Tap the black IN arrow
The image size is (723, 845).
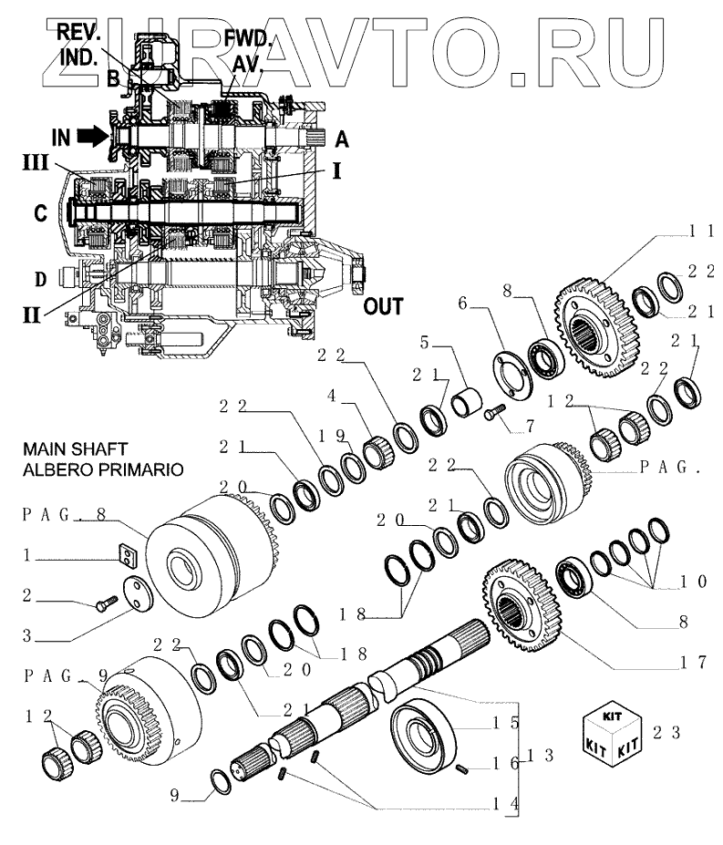(x=90, y=137)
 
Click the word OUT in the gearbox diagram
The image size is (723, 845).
(x=384, y=304)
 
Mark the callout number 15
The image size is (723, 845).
(x=514, y=725)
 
